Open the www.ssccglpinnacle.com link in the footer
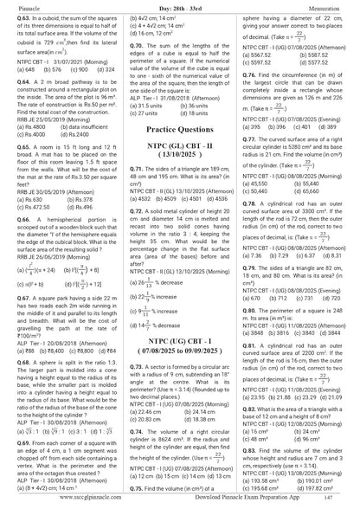pyautogui.click(x=45, y=499)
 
